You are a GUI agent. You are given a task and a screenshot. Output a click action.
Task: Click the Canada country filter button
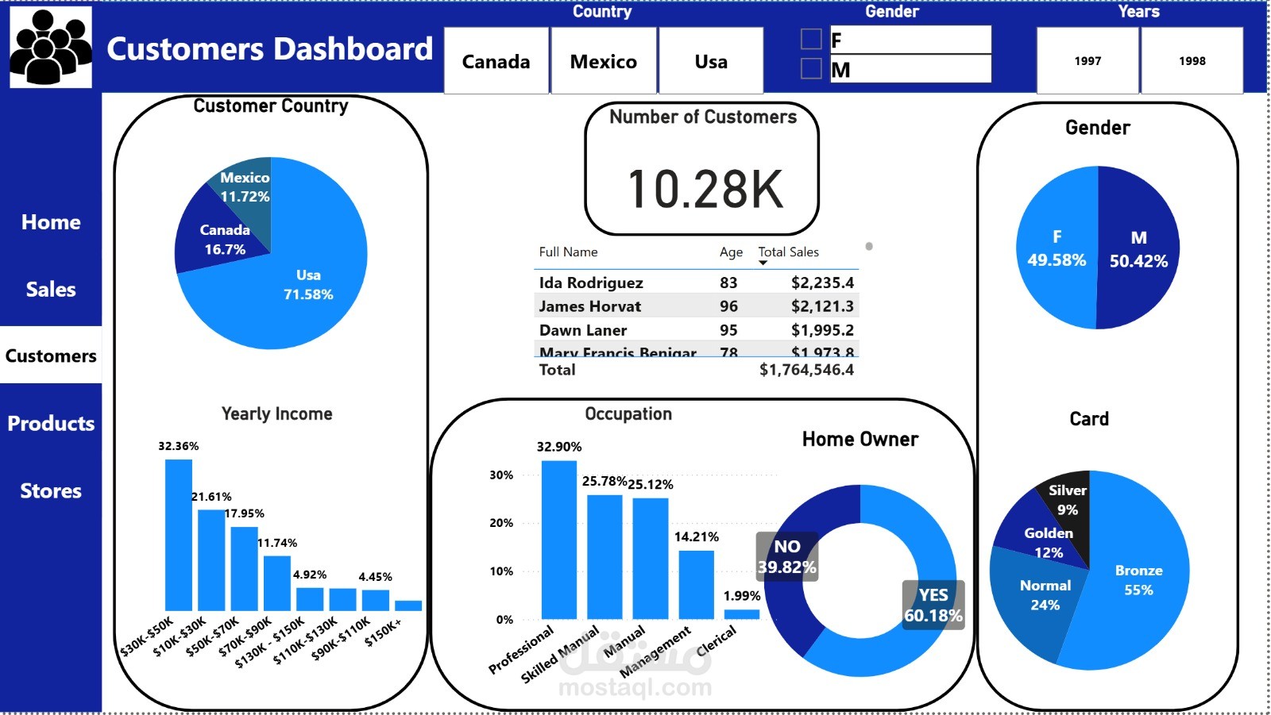(x=496, y=61)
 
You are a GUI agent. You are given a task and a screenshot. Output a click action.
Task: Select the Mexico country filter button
(x=604, y=61)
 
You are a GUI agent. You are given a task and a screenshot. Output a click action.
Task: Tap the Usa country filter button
(x=711, y=61)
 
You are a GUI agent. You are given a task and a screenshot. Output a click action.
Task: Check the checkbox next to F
(x=811, y=40)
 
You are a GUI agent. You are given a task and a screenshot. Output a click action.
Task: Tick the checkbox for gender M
(x=811, y=69)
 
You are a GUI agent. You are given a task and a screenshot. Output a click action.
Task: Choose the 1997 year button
(x=1087, y=61)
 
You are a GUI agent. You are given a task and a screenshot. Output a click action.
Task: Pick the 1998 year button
(x=1192, y=61)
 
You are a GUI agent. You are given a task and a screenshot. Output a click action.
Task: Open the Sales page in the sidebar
(x=51, y=290)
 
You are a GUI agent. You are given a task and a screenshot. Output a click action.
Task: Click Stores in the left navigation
(x=51, y=491)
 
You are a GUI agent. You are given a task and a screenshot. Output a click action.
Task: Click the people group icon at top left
(x=51, y=47)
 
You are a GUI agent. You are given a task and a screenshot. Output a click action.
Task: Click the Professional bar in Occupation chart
(x=558, y=540)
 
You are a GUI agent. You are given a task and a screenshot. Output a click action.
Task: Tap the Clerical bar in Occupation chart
(x=741, y=613)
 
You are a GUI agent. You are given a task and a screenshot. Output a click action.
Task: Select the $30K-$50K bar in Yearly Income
(x=178, y=535)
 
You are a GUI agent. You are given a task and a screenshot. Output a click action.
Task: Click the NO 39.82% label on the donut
(x=786, y=556)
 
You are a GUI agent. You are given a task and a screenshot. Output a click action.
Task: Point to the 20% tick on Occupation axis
(x=501, y=523)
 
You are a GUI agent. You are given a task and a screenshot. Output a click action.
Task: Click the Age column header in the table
(x=731, y=252)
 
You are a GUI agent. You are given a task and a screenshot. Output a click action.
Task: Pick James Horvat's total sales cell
(x=821, y=306)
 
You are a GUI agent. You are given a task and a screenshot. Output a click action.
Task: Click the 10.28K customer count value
(x=705, y=189)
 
